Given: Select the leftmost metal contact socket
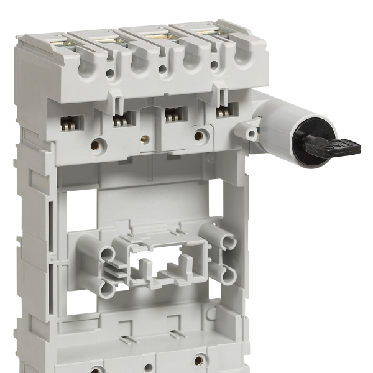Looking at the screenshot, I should (x=70, y=123).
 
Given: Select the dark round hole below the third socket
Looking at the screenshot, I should (x=199, y=135).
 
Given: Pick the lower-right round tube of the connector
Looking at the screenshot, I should (x=229, y=274).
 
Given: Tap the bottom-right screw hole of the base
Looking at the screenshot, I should (x=200, y=359).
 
